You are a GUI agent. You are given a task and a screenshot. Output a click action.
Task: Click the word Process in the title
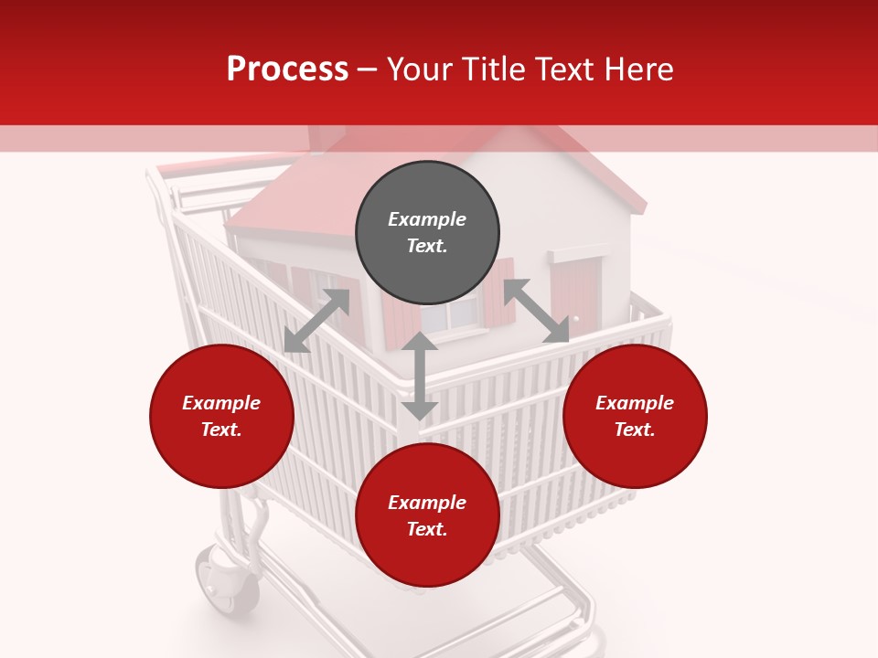(x=287, y=69)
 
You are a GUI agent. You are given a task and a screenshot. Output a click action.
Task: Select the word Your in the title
(x=419, y=69)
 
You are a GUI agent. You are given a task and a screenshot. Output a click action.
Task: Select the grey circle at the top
(x=427, y=233)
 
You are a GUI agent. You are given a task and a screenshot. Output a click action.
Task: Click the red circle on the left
(x=221, y=416)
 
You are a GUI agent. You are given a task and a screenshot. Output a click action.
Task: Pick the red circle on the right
(x=635, y=416)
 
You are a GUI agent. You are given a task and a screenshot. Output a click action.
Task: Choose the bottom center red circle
(x=427, y=515)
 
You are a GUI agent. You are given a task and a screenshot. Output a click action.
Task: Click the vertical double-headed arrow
(x=420, y=376)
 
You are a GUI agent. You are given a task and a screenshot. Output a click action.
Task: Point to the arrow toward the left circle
(x=316, y=321)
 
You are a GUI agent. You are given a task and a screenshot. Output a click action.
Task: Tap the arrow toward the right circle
(x=537, y=312)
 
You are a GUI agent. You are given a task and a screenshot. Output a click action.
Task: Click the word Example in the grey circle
(x=427, y=219)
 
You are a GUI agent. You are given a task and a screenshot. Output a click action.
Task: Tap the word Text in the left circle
(x=220, y=430)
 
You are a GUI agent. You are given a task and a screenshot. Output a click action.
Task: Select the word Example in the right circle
(x=635, y=403)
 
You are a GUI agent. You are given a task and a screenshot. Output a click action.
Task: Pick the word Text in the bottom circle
(x=426, y=529)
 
